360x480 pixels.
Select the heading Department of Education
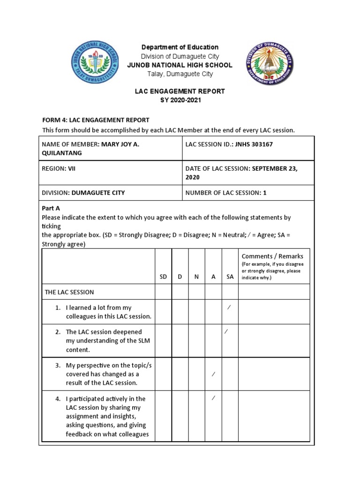[180, 47]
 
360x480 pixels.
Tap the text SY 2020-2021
[180, 100]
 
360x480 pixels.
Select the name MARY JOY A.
[120, 144]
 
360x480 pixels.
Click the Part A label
[51, 208]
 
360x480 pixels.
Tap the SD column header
[163, 277]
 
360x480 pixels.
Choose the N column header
[197, 277]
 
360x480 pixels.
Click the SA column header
[230, 277]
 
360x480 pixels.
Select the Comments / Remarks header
[272, 256]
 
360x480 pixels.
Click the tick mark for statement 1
[229, 307]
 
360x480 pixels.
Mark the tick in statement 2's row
[226, 332]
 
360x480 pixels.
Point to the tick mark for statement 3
[213, 374]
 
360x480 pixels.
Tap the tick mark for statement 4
[213, 398]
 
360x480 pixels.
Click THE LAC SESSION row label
[69, 292]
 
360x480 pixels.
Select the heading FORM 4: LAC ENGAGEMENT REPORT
[96, 120]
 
